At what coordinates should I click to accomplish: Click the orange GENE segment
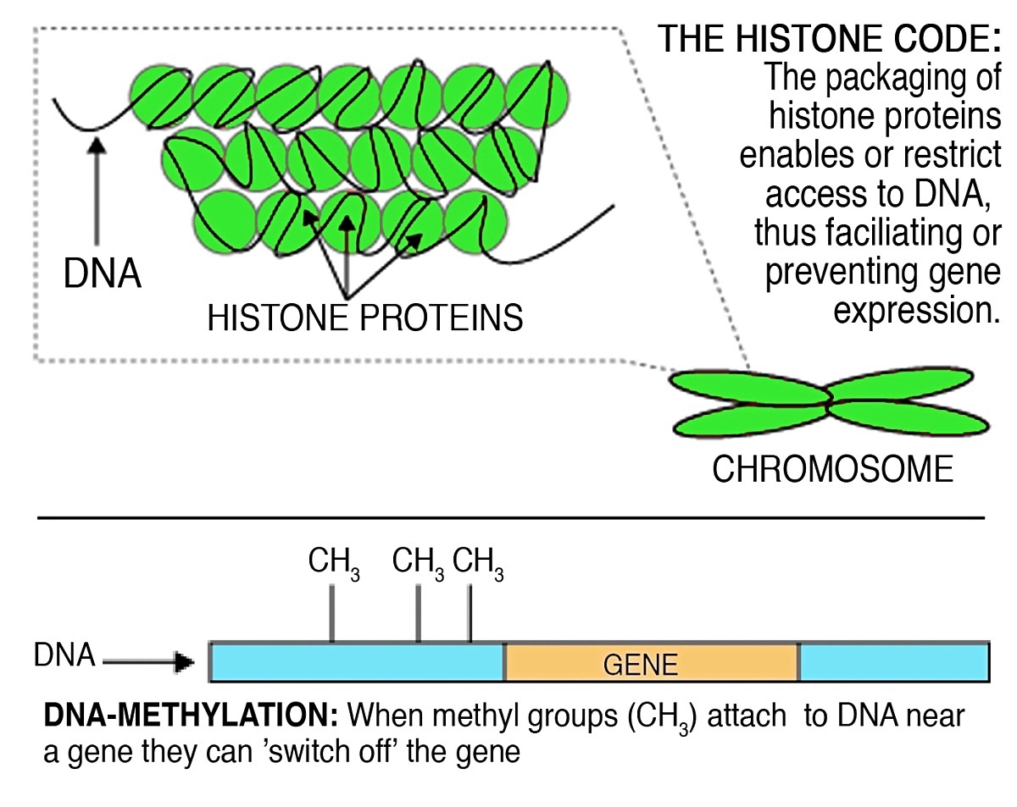click(652, 661)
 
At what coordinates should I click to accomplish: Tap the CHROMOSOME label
click(833, 469)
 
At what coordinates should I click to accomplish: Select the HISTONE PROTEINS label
click(364, 318)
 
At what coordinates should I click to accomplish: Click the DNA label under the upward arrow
click(102, 274)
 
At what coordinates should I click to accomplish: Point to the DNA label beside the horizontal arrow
click(64, 655)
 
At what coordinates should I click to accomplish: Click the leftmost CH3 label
click(334, 563)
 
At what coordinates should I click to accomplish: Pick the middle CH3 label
click(418, 563)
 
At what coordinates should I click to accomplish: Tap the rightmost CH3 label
click(478, 563)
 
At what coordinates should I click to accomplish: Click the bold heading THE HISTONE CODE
click(829, 38)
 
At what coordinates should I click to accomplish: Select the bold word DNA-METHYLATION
click(191, 715)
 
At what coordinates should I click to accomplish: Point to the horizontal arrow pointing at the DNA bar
click(148, 661)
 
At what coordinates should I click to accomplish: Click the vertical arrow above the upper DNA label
click(97, 191)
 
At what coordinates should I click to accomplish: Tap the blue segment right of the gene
click(894, 661)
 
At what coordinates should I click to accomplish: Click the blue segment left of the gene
click(357, 661)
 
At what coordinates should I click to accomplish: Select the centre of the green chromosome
click(830, 402)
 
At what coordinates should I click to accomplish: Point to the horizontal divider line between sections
click(511, 518)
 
